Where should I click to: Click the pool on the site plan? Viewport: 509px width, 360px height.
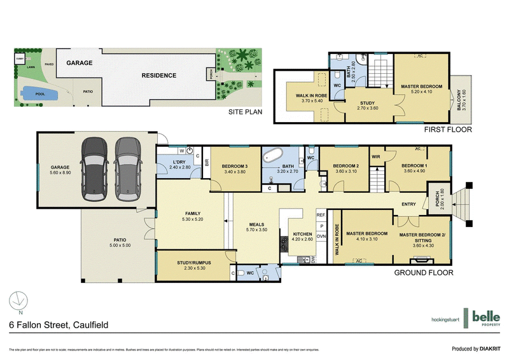point(38,95)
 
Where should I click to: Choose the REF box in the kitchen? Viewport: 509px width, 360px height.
point(321,216)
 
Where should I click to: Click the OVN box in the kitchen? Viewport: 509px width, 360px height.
point(321,235)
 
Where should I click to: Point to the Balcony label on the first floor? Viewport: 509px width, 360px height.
point(471,99)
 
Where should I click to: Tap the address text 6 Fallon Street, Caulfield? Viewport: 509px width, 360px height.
point(59,325)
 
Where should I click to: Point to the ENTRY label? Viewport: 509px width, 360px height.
point(409,204)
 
